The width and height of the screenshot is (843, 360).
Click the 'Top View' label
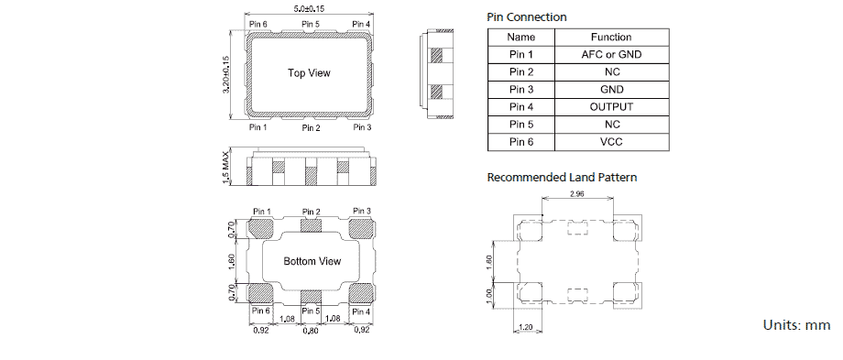pos(309,73)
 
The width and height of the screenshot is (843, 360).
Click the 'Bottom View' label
pos(312,262)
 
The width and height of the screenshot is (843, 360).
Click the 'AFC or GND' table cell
pos(611,55)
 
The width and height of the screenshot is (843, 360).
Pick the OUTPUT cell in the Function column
pos(611,107)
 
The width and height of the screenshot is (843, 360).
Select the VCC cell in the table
pos(611,142)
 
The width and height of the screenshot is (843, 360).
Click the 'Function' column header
pos(611,38)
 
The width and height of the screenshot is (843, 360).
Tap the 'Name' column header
pos(520,38)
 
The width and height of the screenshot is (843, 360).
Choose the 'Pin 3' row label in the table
pos(520,90)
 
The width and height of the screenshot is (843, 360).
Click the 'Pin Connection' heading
pos(526,17)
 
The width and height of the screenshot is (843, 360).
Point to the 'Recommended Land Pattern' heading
pos(562,177)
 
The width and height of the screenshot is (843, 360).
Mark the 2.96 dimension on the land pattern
pos(576,194)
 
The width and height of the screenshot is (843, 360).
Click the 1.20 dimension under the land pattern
pos(526,327)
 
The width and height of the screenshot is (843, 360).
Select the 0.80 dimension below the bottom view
pos(312,331)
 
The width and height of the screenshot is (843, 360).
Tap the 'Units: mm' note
pos(796,325)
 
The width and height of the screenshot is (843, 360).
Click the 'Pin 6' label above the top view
pos(257,24)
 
